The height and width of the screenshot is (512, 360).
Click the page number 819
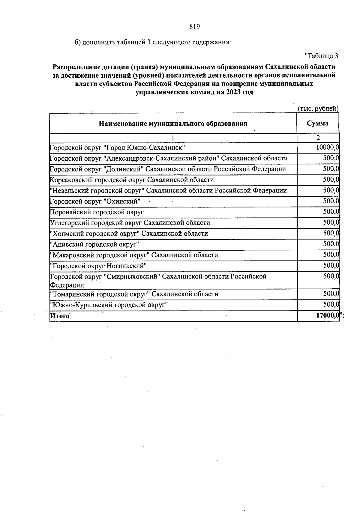click(x=194, y=27)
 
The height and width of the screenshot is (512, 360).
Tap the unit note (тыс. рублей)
click(x=318, y=109)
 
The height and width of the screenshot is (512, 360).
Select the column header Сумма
click(x=317, y=123)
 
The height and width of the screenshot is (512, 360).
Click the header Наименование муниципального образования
click(x=173, y=124)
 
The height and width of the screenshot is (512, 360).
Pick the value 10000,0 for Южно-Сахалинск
click(x=327, y=147)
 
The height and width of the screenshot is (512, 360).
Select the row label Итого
click(x=60, y=316)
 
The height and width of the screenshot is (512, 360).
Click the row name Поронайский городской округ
click(x=97, y=212)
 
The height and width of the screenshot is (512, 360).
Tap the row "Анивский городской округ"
click(x=94, y=244)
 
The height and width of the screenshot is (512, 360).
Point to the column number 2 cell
click(x=318, y=138)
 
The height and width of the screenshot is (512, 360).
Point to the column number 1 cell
click(x=173, y=138)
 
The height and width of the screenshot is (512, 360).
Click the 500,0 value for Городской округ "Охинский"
click(x=331, y=201)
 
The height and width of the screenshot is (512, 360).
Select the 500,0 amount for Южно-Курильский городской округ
click(x=331, y=305)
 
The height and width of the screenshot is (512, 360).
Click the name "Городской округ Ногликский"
click(x=98, y=266)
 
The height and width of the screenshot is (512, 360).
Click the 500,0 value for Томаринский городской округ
click(x=331, y=294)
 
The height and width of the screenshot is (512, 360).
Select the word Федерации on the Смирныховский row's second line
click(x=67, y=285)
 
